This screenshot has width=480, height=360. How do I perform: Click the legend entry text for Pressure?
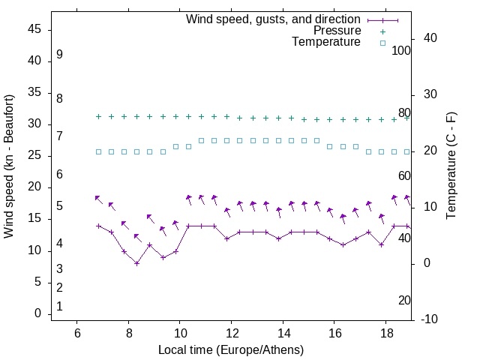pos(336,31)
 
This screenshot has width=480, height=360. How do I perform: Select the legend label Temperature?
pos(326,42)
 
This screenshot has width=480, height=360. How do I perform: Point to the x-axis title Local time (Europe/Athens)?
pos(231,349)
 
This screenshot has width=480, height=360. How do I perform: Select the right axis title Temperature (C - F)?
pos(451,166)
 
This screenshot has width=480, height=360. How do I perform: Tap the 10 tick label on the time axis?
pos(180,333)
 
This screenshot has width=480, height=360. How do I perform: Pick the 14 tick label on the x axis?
pos(283,333)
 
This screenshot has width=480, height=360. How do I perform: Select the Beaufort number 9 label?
pos(59,55)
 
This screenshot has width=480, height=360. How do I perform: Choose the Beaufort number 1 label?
pos(59,306)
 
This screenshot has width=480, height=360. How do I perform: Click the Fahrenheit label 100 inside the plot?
pos(401,50)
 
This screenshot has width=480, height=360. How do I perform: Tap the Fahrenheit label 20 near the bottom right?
pos(404,300)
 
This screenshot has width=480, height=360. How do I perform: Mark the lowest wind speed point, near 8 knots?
pos(136,263)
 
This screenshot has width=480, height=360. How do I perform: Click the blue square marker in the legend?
pos(382,43)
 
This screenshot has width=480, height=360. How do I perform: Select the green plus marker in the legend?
pos(382,31)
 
